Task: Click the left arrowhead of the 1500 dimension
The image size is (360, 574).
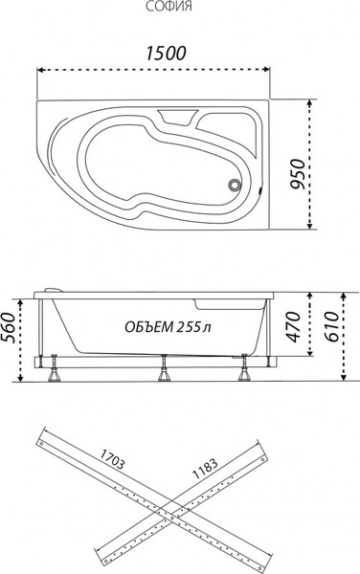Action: pos(40,71)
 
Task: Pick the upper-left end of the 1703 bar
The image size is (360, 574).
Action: pos(41,441)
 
